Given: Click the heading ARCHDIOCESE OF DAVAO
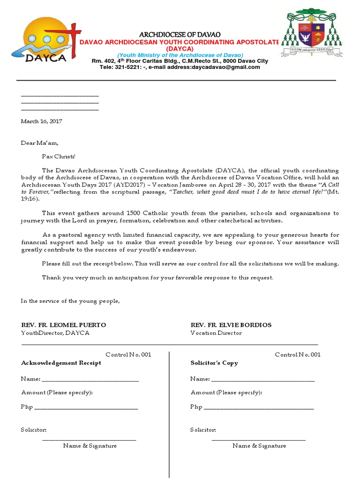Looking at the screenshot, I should [x=180, y=35].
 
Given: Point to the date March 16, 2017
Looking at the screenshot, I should [x=41, y=121].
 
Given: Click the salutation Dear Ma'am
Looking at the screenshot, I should [x=40, y=143].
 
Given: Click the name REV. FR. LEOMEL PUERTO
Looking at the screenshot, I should [x=64, y=325].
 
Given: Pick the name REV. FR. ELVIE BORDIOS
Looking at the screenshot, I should [x=231, y=325].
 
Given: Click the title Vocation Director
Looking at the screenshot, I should [x=216, y=333].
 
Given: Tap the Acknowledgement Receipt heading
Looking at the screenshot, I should [x=61, y=363].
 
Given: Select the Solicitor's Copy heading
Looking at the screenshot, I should [x=214, y=363].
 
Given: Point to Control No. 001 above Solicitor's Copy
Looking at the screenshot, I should [x=298, y=354].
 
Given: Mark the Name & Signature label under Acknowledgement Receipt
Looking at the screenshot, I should [x=90, y=446].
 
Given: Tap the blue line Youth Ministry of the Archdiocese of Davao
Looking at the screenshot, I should [x=180, y=55].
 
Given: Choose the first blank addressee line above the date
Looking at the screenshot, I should [x=60, y=96].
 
